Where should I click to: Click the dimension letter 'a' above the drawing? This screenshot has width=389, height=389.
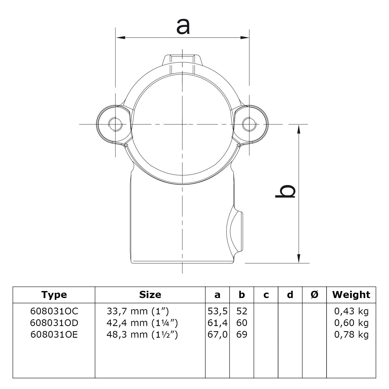pyautogui.click(x=183, y=27)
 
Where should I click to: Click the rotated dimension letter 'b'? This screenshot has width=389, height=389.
pyautogui.click(x=285, y=192)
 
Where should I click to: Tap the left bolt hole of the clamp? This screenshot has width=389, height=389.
pyautogui.click(x=116, y=124)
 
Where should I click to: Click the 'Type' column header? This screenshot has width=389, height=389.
pyautogui.click(x=54, y=295)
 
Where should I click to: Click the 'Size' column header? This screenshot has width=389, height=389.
pyautogui.click(x=150, y=295)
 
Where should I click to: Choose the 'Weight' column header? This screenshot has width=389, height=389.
pyautogui.click(x=351, y=295)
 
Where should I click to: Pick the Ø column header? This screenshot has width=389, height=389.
pyautogui.click(x=314, y=295)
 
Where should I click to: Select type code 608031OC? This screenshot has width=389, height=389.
pyautogui.click(x=54, y=311)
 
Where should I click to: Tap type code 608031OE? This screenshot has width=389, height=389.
pyautogui.click(x=54, y=335)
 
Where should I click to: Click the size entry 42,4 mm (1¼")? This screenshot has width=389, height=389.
pyautogui.click(x=142, y=323)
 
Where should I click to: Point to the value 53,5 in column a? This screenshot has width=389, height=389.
pyautogui.click(x=217, y=311)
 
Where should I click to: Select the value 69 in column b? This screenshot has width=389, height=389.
pyautogui.click(x=242, y=335)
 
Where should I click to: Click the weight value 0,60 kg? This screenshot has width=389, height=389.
pyautogui.click(x=351, y=323)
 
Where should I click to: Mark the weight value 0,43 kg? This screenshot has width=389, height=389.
pyautogui.click(x=351, y=311)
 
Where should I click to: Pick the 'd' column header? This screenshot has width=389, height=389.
pyautogui.click(x=290, y=295)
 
